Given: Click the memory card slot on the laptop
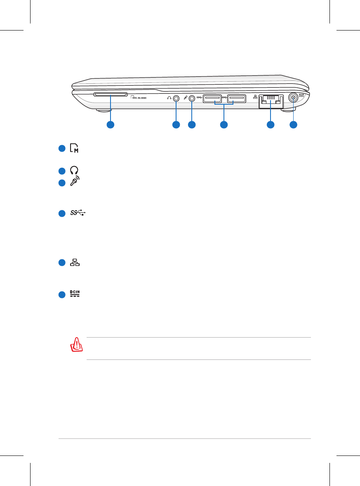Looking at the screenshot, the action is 110,94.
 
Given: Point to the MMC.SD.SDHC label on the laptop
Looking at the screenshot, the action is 139,99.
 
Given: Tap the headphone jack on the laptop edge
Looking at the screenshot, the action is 176,99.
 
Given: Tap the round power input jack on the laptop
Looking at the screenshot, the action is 293,98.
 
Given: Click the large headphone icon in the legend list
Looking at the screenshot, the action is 75,170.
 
